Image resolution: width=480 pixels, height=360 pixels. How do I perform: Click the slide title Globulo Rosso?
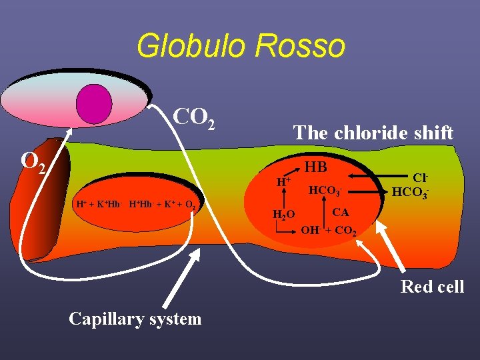coord(241,46)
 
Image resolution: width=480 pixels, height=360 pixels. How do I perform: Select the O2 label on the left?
coord(33,162)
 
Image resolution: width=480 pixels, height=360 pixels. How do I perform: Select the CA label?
coord(340,212)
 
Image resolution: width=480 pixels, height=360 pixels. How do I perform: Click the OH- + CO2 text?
coord(329,232)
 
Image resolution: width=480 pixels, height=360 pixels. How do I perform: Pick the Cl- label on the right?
coord(419,178)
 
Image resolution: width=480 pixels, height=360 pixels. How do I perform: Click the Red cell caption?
coord(431,287)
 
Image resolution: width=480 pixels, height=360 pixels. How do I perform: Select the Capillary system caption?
coord(135,319)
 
